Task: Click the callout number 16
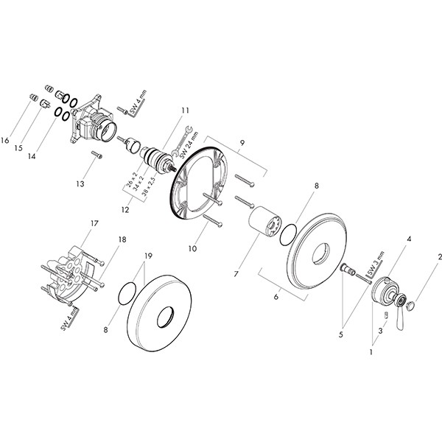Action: pyautogui.click(x=5, y=140)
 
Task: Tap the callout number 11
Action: pyautogui.click(x=185, y=110)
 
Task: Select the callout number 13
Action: pyautogui.click(x=80, y=183)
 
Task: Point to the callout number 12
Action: pyautogui.click(x=125, y=210)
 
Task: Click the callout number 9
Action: pyautogui.click(x=242, y=143)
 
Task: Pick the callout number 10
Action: pyautogui.click(x=192, y=249)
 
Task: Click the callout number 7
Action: pyautogui.click(x=236, y=273)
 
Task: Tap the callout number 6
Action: pyautogui.click(x=276, y=297)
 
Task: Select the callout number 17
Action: pyautogui.click(x=94, y=223)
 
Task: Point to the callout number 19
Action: pyautogui.click(x=148, y=256)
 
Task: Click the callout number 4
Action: pyautogui.click(x=409, y=239)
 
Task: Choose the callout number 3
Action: pyautogui.click(x=381, y=331)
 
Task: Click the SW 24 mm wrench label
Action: pyautogui.click(x=189, y=144)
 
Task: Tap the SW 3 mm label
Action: pyautogui.click(x=375, y=263)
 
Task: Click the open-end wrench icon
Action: pyautogui.click(x=182, y=141)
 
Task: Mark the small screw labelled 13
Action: pyautogui.click(x=97, y=155)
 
